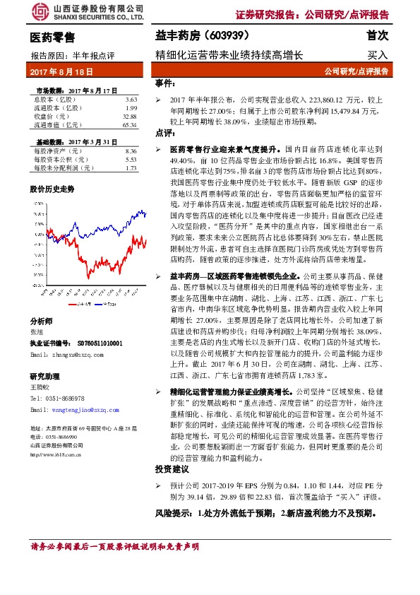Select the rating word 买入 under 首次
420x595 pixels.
tap(378, 54)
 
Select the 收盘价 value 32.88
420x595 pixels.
tap(129, 117)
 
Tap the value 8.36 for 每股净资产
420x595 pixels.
tap(130, 151)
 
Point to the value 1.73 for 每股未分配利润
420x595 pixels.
tap(130, 168)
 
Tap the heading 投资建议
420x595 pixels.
tap(172, 469)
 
